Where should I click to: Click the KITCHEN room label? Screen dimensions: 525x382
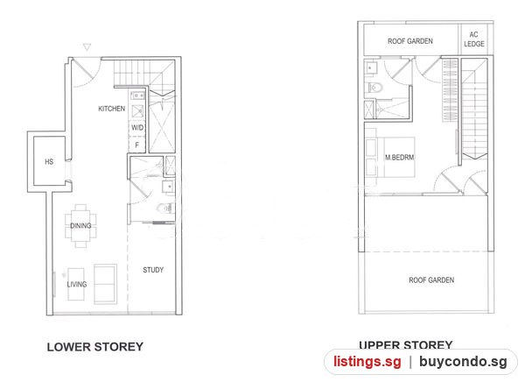click(x=111, y=109)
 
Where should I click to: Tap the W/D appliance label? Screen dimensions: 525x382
click(x=137, y=127)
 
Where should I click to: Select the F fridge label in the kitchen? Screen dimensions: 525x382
click(x=136, y=145)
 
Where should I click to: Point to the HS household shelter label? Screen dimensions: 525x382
click(x=49, y=162)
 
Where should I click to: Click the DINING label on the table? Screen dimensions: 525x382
click(x=80, y=226)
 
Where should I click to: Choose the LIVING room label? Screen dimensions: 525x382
click(x=77, y=285)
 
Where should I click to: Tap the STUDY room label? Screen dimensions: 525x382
click(x=153, y=270)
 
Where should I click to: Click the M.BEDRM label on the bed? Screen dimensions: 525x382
click(x=400, y=157)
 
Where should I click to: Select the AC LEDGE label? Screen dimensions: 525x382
click(x=473, y=39)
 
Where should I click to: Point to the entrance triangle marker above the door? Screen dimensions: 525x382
click(x=87, y=47)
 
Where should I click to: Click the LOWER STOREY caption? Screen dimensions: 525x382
click(x=95, y=347)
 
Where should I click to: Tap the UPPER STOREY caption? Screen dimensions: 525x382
click(x=405, y=345)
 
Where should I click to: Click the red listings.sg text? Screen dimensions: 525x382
click(x=367, y=362)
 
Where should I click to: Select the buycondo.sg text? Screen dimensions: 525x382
click(x=463, y=362)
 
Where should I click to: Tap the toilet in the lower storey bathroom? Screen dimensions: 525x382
click(x=165, y=209)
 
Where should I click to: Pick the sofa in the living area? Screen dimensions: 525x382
click(x=106, y=284)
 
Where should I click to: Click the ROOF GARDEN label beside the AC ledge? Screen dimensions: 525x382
click(x=410, y=41)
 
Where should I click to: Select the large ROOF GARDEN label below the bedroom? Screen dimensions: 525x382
click(x=431, y=280)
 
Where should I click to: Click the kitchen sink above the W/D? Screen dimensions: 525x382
click(x=137, y=111)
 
